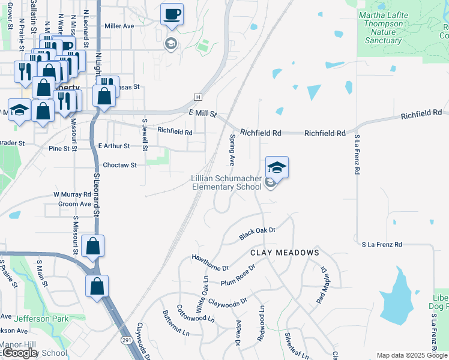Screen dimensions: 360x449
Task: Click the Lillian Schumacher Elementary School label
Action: (226, 182)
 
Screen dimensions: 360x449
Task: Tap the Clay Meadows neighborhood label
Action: (285, 253)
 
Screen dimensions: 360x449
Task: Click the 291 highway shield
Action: (128, 340)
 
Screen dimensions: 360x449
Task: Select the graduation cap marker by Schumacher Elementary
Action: (277, 167)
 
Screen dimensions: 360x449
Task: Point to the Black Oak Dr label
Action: (257, 234)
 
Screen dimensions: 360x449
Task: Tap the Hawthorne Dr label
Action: (210, 262)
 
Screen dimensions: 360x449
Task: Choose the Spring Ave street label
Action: (232, 151)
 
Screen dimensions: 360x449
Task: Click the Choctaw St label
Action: (120, 165)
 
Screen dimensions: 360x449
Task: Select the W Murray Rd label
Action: (71, 194)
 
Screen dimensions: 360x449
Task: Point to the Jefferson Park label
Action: (41, 319)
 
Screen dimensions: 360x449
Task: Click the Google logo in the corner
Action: (20, 353)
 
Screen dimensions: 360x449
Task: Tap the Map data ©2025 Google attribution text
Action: (411, 355)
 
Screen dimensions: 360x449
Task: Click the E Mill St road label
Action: (202, 113)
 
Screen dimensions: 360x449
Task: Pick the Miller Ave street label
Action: (119, 26)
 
